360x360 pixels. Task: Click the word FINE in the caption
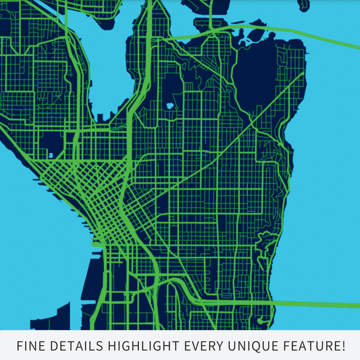pos(31,346)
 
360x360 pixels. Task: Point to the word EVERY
pos(204,346)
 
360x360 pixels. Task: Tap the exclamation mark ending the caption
pos(343,346)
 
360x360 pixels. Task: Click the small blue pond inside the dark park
pos(170,106)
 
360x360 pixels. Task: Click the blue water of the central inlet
pos(101,74)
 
